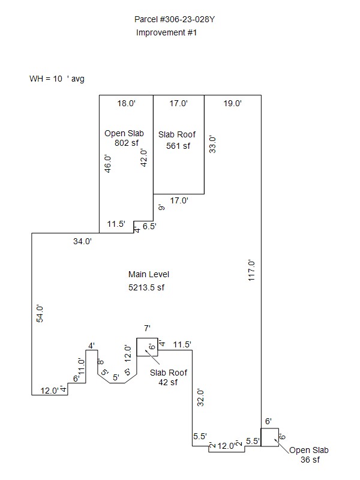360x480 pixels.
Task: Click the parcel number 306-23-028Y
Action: click(187, 20)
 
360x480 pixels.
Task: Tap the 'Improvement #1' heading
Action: click(166, 32)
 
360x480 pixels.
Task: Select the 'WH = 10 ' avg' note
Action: click(57, 79)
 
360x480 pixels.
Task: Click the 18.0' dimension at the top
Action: click(126, 103)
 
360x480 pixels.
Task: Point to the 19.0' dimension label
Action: click(232, 103)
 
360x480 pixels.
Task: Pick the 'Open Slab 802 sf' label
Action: click(124, 138)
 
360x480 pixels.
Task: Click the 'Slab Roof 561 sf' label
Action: click(177, 140)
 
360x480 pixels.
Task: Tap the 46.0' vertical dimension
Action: click(108, 164)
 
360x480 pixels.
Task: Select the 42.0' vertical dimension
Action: click(143, 158)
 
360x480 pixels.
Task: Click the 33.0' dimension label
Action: click(212, 145)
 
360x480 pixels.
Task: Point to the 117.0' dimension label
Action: click(251, 271)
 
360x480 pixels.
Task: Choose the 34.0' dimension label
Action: click(82, 242)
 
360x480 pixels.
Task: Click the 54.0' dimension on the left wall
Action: click(40, 314)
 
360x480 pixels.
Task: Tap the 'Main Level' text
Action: click(149, 274)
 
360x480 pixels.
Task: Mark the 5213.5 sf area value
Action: click(146, 287)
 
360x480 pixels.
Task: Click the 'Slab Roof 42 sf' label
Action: click(169, 377)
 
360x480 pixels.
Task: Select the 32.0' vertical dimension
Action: click(200, 398)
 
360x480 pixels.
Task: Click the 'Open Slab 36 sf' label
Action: click(309, 455)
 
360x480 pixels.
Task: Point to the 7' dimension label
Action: click(147, 328)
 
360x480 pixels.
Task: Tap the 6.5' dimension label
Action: click(149, 226)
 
